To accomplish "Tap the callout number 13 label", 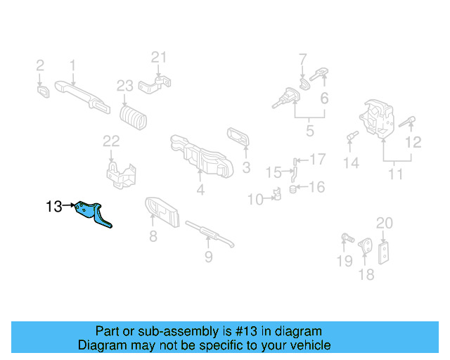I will tap(53, 207).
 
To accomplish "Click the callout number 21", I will tap(160, 57).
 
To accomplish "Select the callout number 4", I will tap(200, 189).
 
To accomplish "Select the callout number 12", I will tap(413, 142).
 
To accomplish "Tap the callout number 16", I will tap(317, 186).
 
